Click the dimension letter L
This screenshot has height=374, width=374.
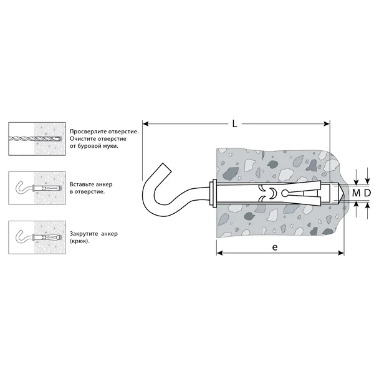click(x=235, y=124)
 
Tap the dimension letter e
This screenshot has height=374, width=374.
click(x=275, y=247)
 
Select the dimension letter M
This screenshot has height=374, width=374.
click(x=356, y=193)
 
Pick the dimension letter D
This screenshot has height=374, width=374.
click(x=367, y=193)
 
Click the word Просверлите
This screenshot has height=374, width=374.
click(x=89, y=132)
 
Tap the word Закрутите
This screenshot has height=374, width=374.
click(x=84, y=234)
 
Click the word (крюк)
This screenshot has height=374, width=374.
click(x=80, y=241)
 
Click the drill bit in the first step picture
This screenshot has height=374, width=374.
click(x=35, y=138)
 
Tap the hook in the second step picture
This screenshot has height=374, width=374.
click(x=22, y=188)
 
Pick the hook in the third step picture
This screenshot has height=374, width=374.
click(x=22, y=237)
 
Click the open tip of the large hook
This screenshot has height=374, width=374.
click(x=166, y=168)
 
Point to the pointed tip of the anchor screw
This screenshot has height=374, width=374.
click(x=343, y=193)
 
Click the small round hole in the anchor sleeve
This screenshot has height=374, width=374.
click(x=284, y=193)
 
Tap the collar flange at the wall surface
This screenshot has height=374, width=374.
click(x=213, y=193)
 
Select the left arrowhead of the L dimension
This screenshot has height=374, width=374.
click(x=145, y=124)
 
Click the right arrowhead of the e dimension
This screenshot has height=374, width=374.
click(x=341, y=253)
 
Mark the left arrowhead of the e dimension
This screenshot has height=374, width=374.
click(x=219, y=253)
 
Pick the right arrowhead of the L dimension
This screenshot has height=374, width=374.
click(x=327, y=124)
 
